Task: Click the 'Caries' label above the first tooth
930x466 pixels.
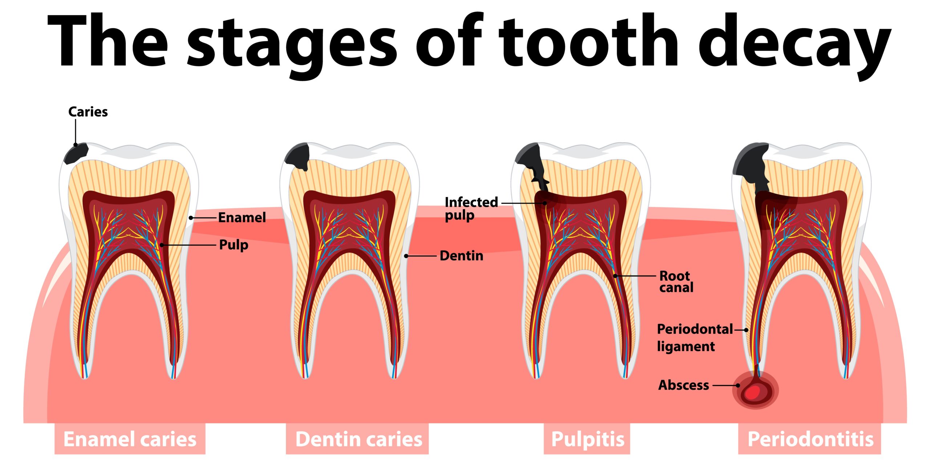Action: point(88,112)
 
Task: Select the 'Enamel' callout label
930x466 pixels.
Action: point(242,217)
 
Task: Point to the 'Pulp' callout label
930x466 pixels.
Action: point(234,245)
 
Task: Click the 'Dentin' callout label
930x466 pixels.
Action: point(461,256)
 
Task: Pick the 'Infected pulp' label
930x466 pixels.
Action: point(471,209)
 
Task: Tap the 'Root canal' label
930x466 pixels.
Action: point(676,282)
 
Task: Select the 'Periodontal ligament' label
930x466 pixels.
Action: point(695,338)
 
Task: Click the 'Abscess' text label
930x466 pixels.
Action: point(683,385)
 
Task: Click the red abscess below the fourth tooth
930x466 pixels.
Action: point(755,391)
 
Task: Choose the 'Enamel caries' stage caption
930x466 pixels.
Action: point(130,439)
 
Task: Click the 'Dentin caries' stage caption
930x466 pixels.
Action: point(359,439)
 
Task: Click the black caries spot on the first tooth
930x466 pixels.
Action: point(76,153)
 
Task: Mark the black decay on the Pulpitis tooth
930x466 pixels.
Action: point(532,164)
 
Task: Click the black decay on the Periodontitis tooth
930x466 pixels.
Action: point(752,165)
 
